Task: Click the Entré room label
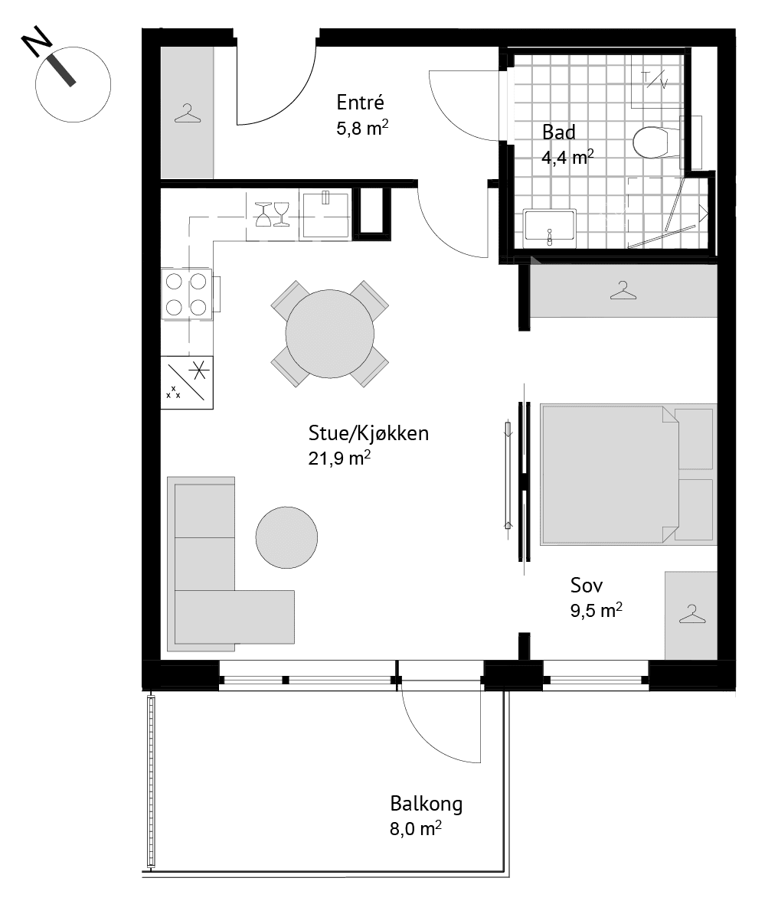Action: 360,103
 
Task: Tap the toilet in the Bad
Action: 656,142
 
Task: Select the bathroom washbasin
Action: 549,225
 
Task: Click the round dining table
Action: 330,334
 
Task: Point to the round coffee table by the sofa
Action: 286,537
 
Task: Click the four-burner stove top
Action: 186,293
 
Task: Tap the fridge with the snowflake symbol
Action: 187,382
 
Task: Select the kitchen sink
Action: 326,214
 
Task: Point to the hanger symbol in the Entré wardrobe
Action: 188,113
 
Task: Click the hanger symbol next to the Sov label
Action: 692,613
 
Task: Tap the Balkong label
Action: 427,804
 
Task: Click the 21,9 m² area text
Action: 339,459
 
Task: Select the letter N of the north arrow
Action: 36,41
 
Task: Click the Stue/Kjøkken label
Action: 368,433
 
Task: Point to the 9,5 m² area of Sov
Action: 597,611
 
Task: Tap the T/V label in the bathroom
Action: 654,80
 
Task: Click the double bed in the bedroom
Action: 627,475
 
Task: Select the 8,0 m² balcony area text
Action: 416,828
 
